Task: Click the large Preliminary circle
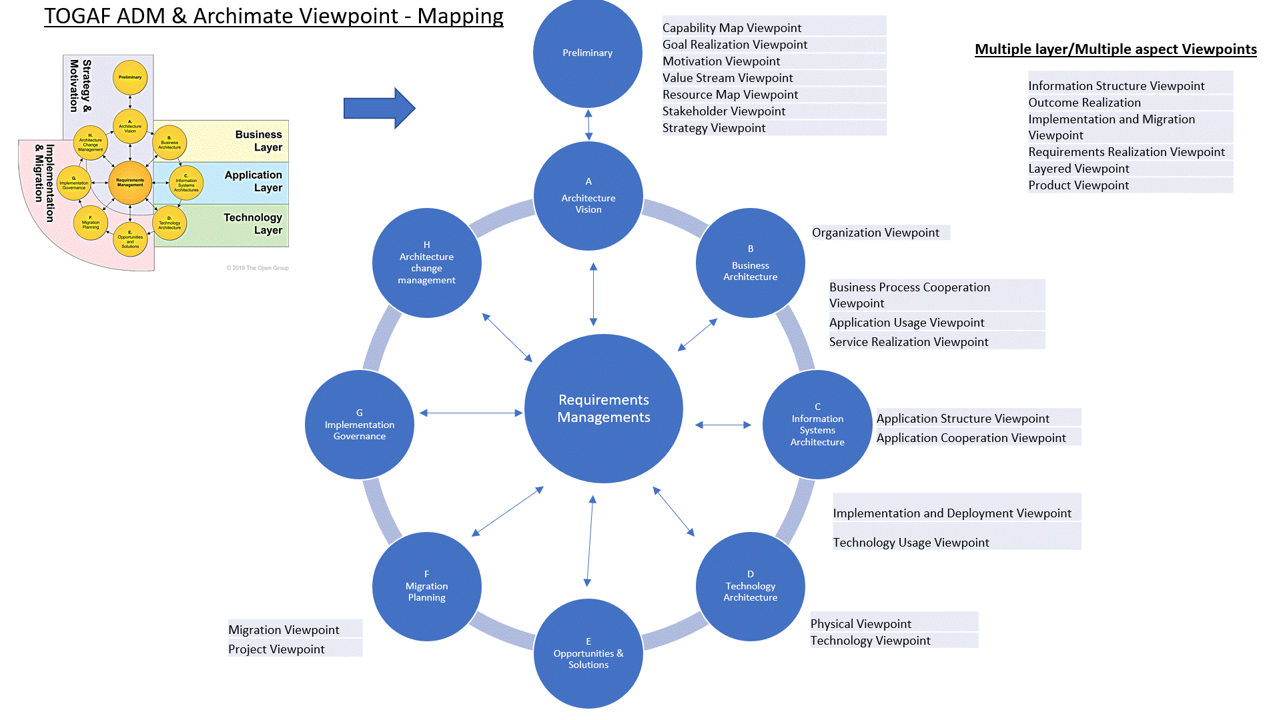587,53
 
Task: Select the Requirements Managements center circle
603,408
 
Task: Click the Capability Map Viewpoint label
732,28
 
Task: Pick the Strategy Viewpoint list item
714,128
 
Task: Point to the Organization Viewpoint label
875,233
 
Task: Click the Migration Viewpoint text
284,630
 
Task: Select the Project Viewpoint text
276,649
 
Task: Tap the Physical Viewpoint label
861,624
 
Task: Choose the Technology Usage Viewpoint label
911,543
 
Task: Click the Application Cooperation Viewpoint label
971,438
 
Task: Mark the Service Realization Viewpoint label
909,342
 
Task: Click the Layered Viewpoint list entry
1079,169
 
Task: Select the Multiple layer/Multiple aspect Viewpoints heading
1116,49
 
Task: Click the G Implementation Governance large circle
360,425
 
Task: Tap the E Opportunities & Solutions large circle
588,653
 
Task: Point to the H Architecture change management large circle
427,263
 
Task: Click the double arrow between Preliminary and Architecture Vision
588,125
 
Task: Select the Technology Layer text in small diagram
253,224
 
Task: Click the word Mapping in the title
460,16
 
